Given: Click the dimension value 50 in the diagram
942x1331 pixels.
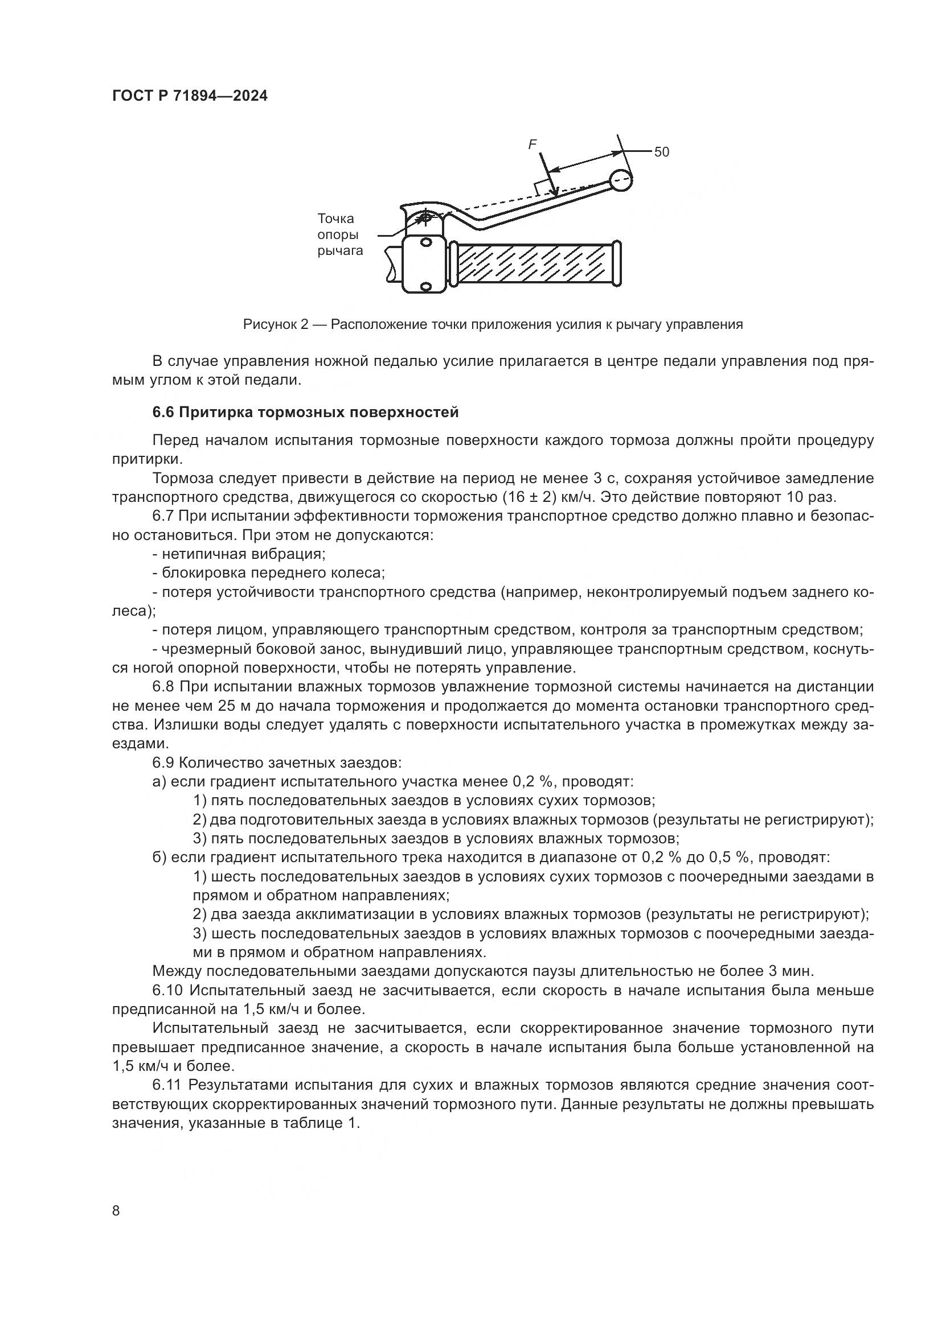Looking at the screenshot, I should [661, 152].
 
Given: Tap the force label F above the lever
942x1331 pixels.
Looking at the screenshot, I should [532, 145].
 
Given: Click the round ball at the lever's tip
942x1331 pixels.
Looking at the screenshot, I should [621, 180].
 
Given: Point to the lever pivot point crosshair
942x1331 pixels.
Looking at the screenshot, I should [425, 219].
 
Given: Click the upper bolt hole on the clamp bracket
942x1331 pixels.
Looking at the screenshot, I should [426, 242].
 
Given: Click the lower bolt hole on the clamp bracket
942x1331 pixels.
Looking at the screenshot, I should [426, 286].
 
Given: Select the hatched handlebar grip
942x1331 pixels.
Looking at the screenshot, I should [534, 265].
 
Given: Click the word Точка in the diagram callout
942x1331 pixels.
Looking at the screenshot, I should [335, 219].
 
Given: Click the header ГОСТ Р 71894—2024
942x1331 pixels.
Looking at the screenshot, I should [190, 96].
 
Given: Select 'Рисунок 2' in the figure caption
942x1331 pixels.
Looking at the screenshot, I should [275, 324].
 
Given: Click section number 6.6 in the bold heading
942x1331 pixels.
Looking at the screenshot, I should [163, 412].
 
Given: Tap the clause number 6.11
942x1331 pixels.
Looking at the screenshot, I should [166, 1085].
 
